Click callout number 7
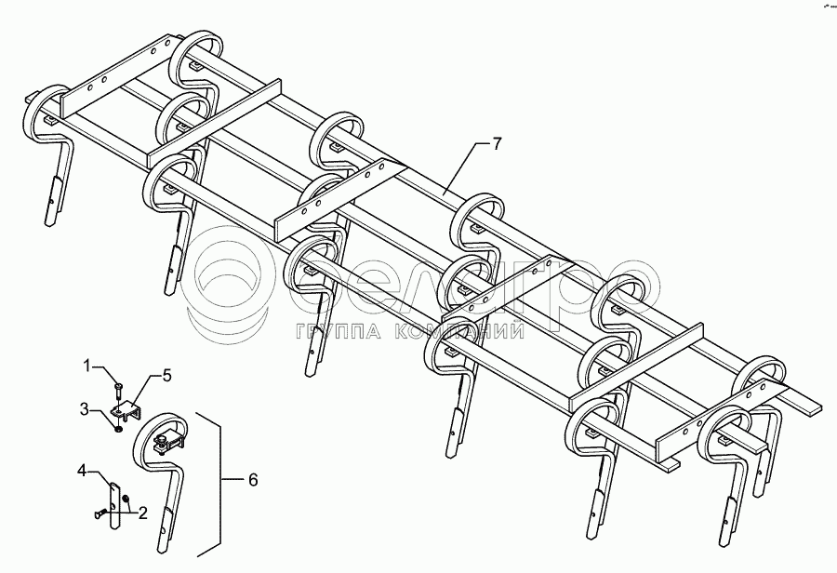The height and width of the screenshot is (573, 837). tap(497, 144)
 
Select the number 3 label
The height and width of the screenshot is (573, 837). tap(86, 408)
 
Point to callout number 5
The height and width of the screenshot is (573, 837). tap(167, 376)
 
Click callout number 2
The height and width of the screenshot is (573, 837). tap(142, 511)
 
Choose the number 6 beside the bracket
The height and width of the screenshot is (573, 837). tap(254, 480)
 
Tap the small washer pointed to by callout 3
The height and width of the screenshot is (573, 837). tap(119, 427)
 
